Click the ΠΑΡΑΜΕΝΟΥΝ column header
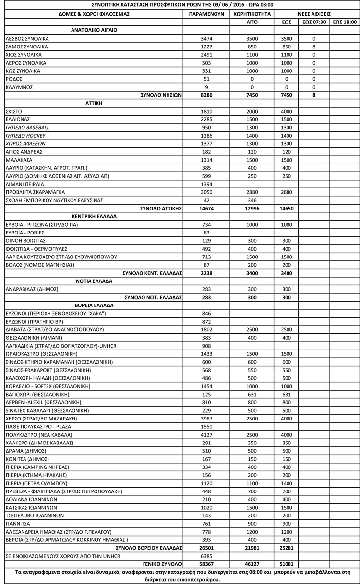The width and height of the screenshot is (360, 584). coord(206,14)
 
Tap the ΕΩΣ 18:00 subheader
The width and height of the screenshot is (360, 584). coord(344,22)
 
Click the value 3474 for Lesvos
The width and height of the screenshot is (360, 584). coord(206,38)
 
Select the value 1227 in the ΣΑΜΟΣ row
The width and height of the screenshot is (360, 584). coord(206,47)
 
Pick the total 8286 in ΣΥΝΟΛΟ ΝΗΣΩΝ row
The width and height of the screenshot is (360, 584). coord(206,95)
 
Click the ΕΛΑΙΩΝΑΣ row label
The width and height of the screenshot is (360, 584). coord(18,119)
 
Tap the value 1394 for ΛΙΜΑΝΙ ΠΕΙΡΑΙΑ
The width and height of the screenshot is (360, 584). coord(206,184)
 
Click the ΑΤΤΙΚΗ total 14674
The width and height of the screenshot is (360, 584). coord(206,209)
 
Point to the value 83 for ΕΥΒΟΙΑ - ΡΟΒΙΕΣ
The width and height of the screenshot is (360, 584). coord(206,233)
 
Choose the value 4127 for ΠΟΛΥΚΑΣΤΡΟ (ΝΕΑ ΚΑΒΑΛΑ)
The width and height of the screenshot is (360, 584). coord(206,435)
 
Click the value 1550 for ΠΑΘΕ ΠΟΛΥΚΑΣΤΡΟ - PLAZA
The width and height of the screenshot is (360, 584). coord(206,427)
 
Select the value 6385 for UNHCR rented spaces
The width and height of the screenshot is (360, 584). coord(206,556)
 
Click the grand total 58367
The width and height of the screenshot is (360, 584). coord(206,564)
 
